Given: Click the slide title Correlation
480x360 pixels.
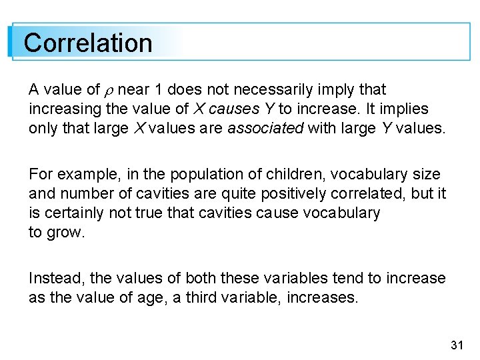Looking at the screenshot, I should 88,43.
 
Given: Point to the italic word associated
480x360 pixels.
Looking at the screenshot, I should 265,128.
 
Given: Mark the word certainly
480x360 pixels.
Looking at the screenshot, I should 76,213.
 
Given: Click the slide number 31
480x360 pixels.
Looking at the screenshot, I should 457,345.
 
